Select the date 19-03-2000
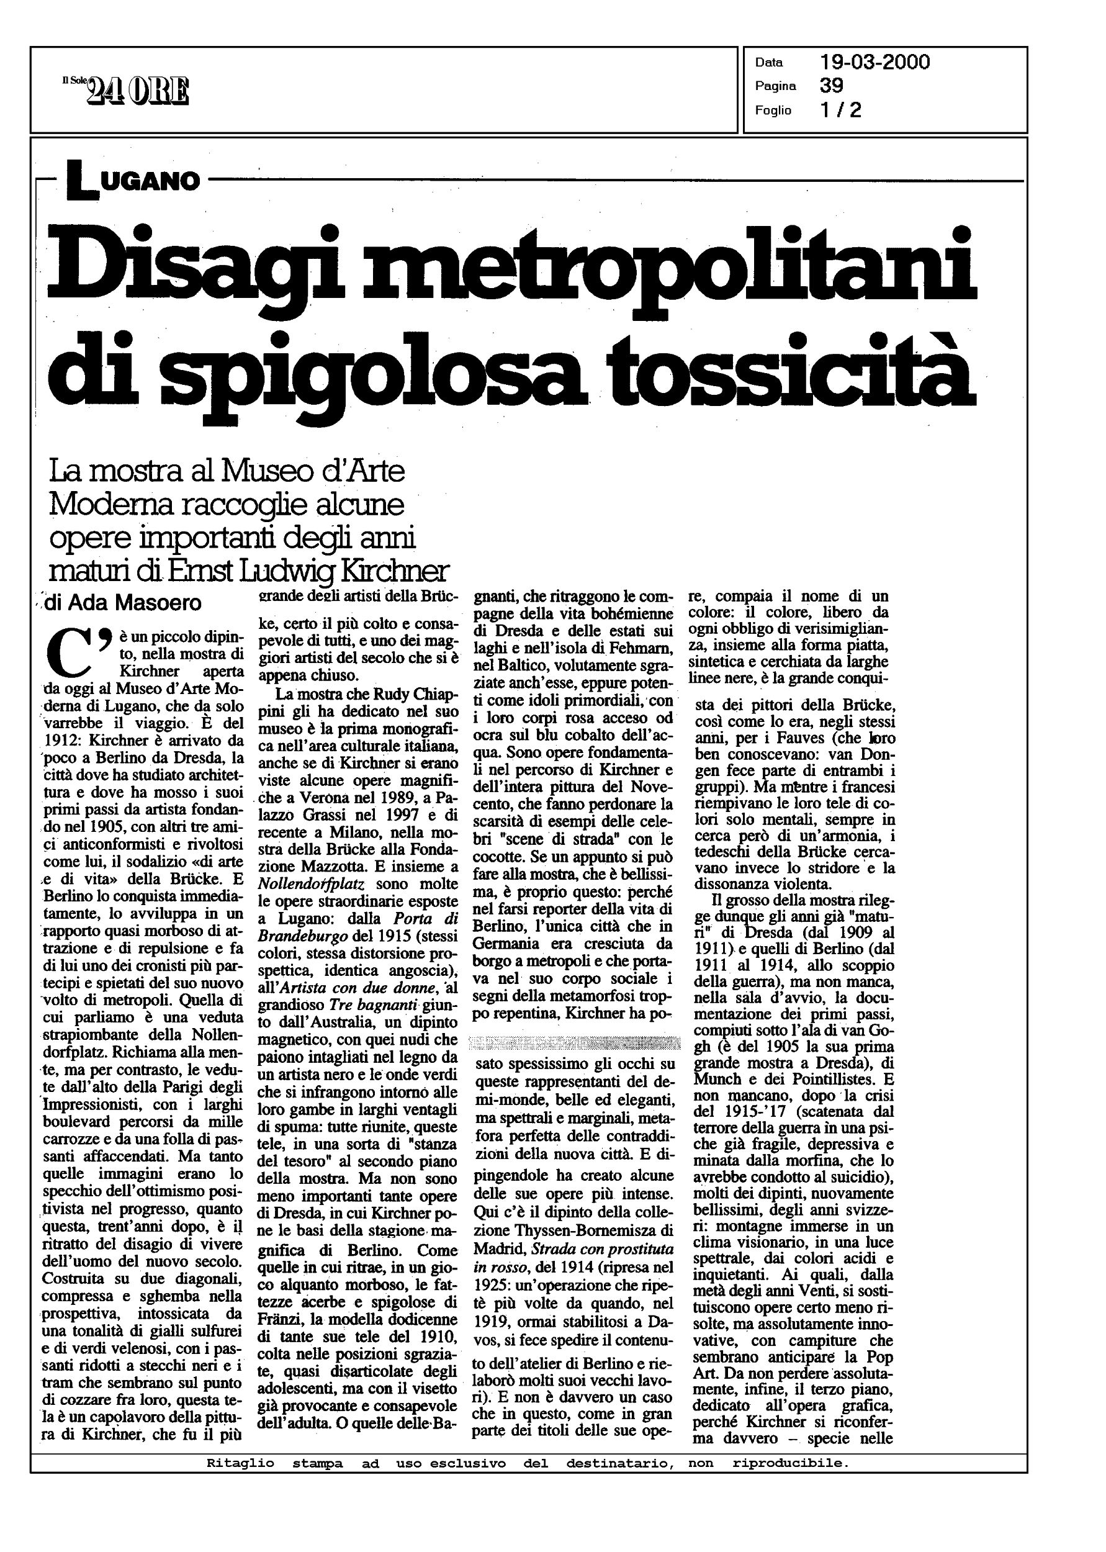(x=874, y=63)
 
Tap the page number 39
(x=832, y=86)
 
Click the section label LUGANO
(x=133, y=181)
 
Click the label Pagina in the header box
(x=776, y=86)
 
